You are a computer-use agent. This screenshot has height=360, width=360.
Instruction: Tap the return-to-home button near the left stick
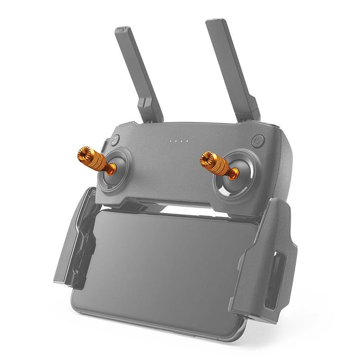click(115, 139)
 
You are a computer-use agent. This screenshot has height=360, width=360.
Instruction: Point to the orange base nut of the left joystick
click(111, 169)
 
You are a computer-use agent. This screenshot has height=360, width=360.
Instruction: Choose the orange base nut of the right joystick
click(233, 173)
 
